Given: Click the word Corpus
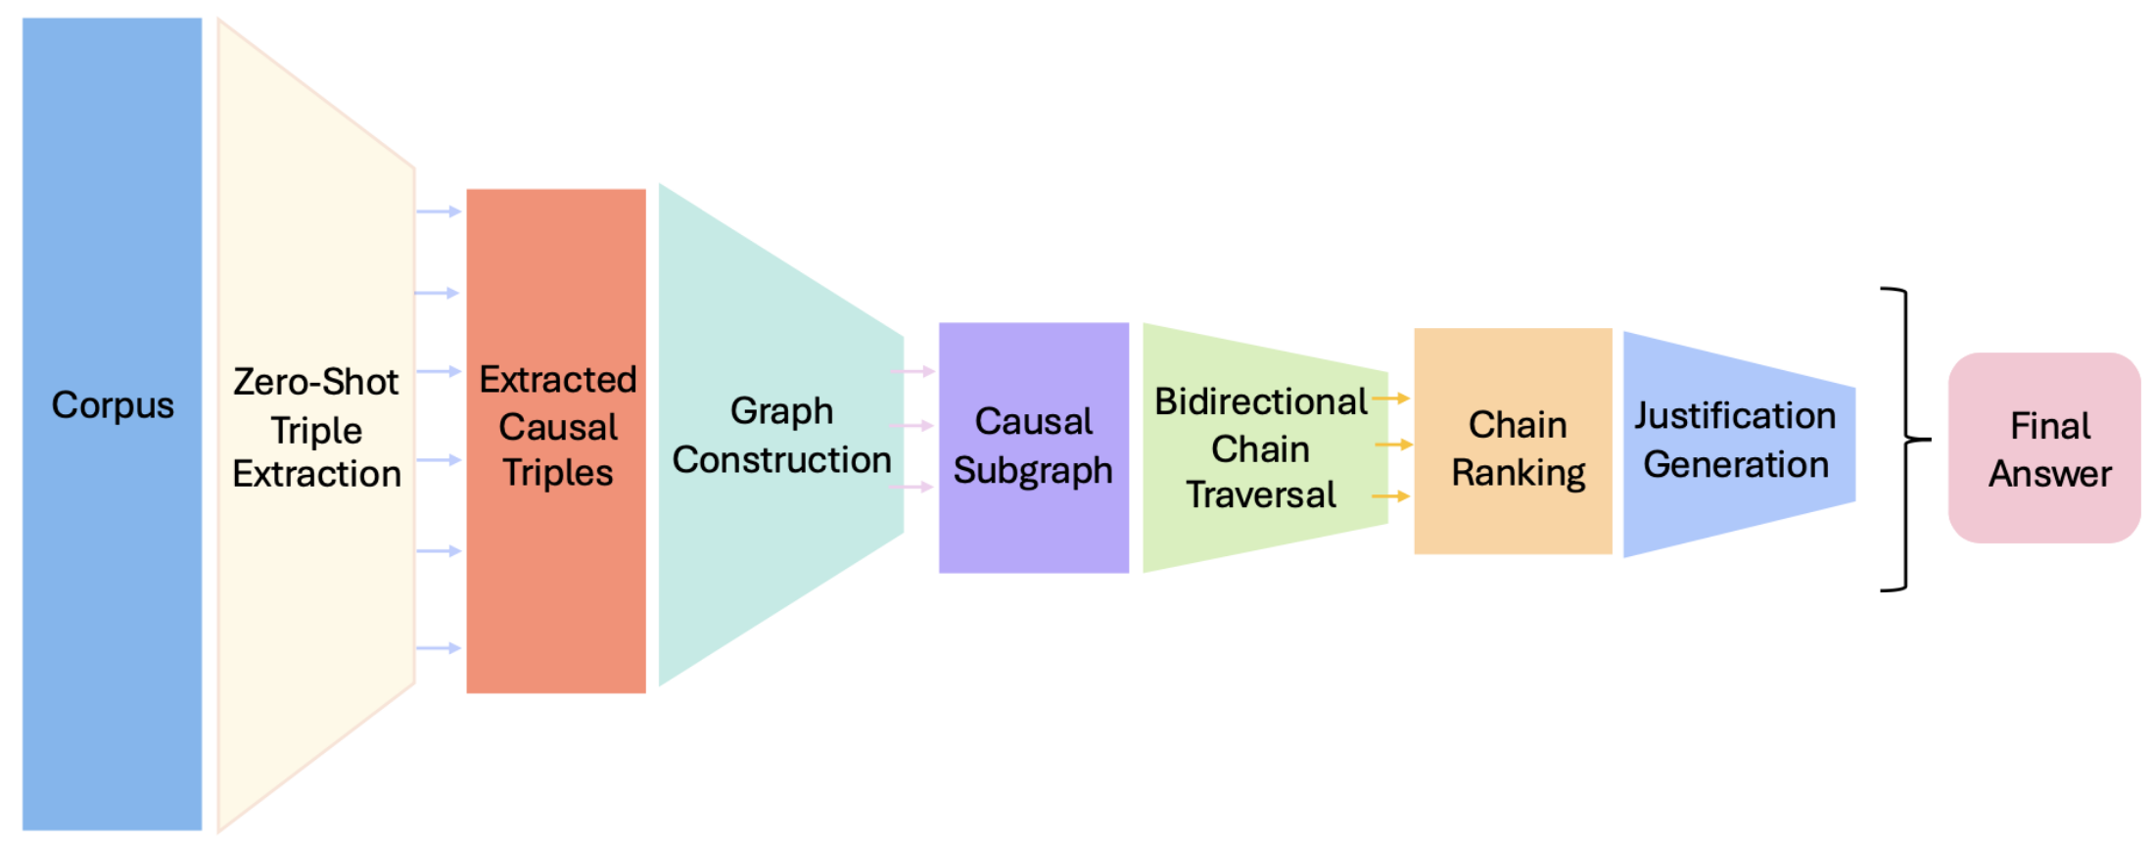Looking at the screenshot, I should [x=113, y=405].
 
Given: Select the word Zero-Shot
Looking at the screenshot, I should [x=315, y=382].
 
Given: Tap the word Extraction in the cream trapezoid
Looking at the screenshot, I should [x=316, y=474].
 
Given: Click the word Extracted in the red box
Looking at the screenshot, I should [x=557, y=380].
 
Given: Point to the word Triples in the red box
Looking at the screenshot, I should [x=557, y=473].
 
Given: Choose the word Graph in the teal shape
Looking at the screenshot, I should [x=781, y=411].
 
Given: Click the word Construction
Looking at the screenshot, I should [x=781, y=459].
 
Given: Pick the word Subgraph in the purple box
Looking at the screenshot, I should [x=1033, y=471].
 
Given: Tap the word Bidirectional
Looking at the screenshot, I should [x=1260, y=401].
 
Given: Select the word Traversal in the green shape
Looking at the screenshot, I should [x=1260, y=494].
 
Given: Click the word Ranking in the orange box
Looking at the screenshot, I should [x=1518, y=473].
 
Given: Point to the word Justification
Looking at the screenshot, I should [x=1735, y=416].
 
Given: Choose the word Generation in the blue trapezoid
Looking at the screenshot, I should [x=1736, y=464].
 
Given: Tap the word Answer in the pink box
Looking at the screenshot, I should [x=2049, y=474].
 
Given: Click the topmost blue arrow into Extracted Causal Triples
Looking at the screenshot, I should [x=438, y=211].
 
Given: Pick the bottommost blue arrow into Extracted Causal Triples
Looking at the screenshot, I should [x=438, y=648].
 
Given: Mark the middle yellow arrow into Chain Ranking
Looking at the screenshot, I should [x=1393, y=445].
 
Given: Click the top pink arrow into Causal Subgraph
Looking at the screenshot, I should [x=913, y=372].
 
